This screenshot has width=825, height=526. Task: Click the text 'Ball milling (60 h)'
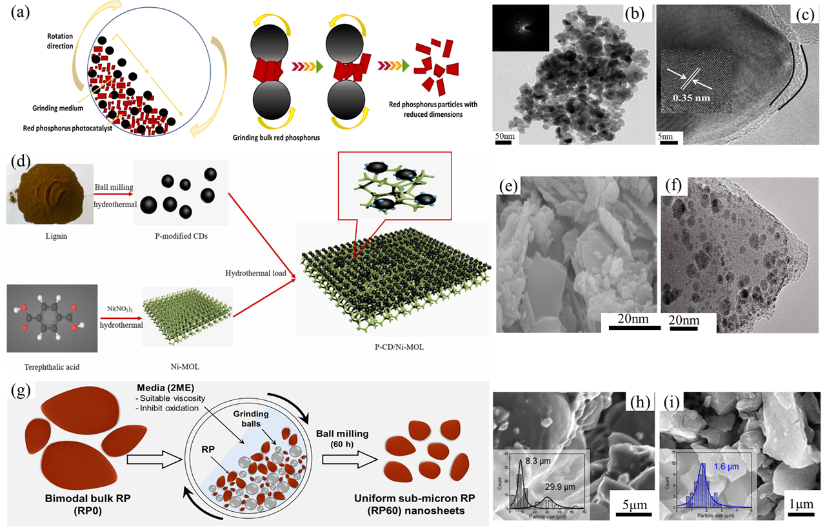[353, 427]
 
